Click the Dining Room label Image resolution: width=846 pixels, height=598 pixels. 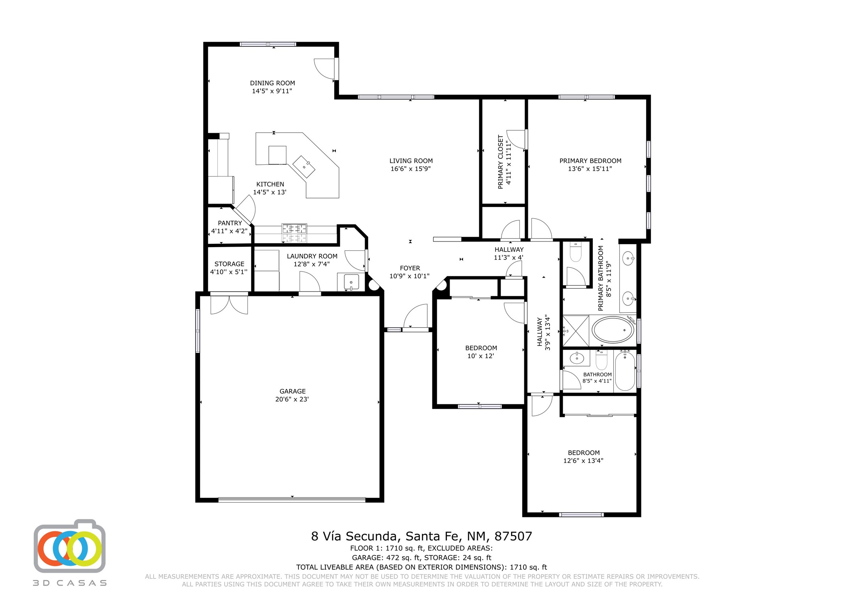pos(272,83)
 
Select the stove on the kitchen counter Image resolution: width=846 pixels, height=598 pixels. pos(294,233)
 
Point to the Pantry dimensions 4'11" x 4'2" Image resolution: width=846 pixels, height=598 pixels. pos(229,231)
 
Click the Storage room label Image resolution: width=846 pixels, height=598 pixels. pos(229,264)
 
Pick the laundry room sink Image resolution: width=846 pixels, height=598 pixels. pos(351,282)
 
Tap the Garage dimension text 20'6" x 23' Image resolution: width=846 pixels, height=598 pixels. pos(292,399)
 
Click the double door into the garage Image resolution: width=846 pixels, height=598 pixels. pos(229,305)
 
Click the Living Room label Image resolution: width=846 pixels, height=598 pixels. pos(411,161)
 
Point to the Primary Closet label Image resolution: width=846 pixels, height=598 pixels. pos(501,162)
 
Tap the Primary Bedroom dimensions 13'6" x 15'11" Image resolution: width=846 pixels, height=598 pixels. pos(590,169)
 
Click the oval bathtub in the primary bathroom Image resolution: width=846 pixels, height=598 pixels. pos(613,330)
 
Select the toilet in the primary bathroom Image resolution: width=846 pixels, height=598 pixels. pos(576,252)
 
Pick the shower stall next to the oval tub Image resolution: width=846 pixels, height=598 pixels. pos(576,331)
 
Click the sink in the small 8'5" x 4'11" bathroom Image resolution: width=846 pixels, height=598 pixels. pos(577,358)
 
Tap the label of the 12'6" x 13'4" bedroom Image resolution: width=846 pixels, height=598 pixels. pos(584,453)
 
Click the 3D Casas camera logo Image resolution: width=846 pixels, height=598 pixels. pos(70,547)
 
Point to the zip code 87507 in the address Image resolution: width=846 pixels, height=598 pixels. pos(513,536)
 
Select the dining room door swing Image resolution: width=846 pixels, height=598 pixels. pos(325,69)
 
